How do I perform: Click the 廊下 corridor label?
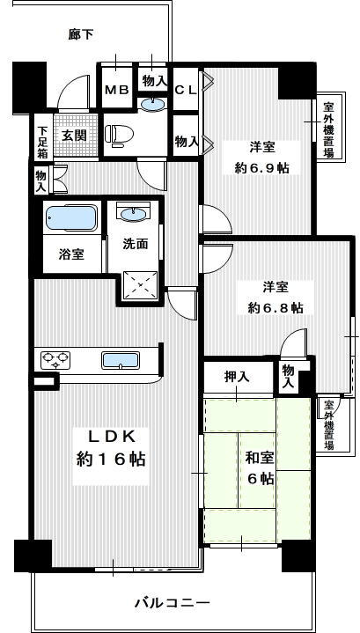pos(81,35)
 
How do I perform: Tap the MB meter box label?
pos(116,90)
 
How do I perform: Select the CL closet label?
pos(185,90)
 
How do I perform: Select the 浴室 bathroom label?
pos(71,254)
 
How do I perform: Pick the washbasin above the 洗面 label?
pos(135,214)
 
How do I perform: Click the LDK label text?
pos(110,437)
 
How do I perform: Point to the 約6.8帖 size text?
pos(274,307)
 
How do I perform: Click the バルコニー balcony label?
pos(172,603)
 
